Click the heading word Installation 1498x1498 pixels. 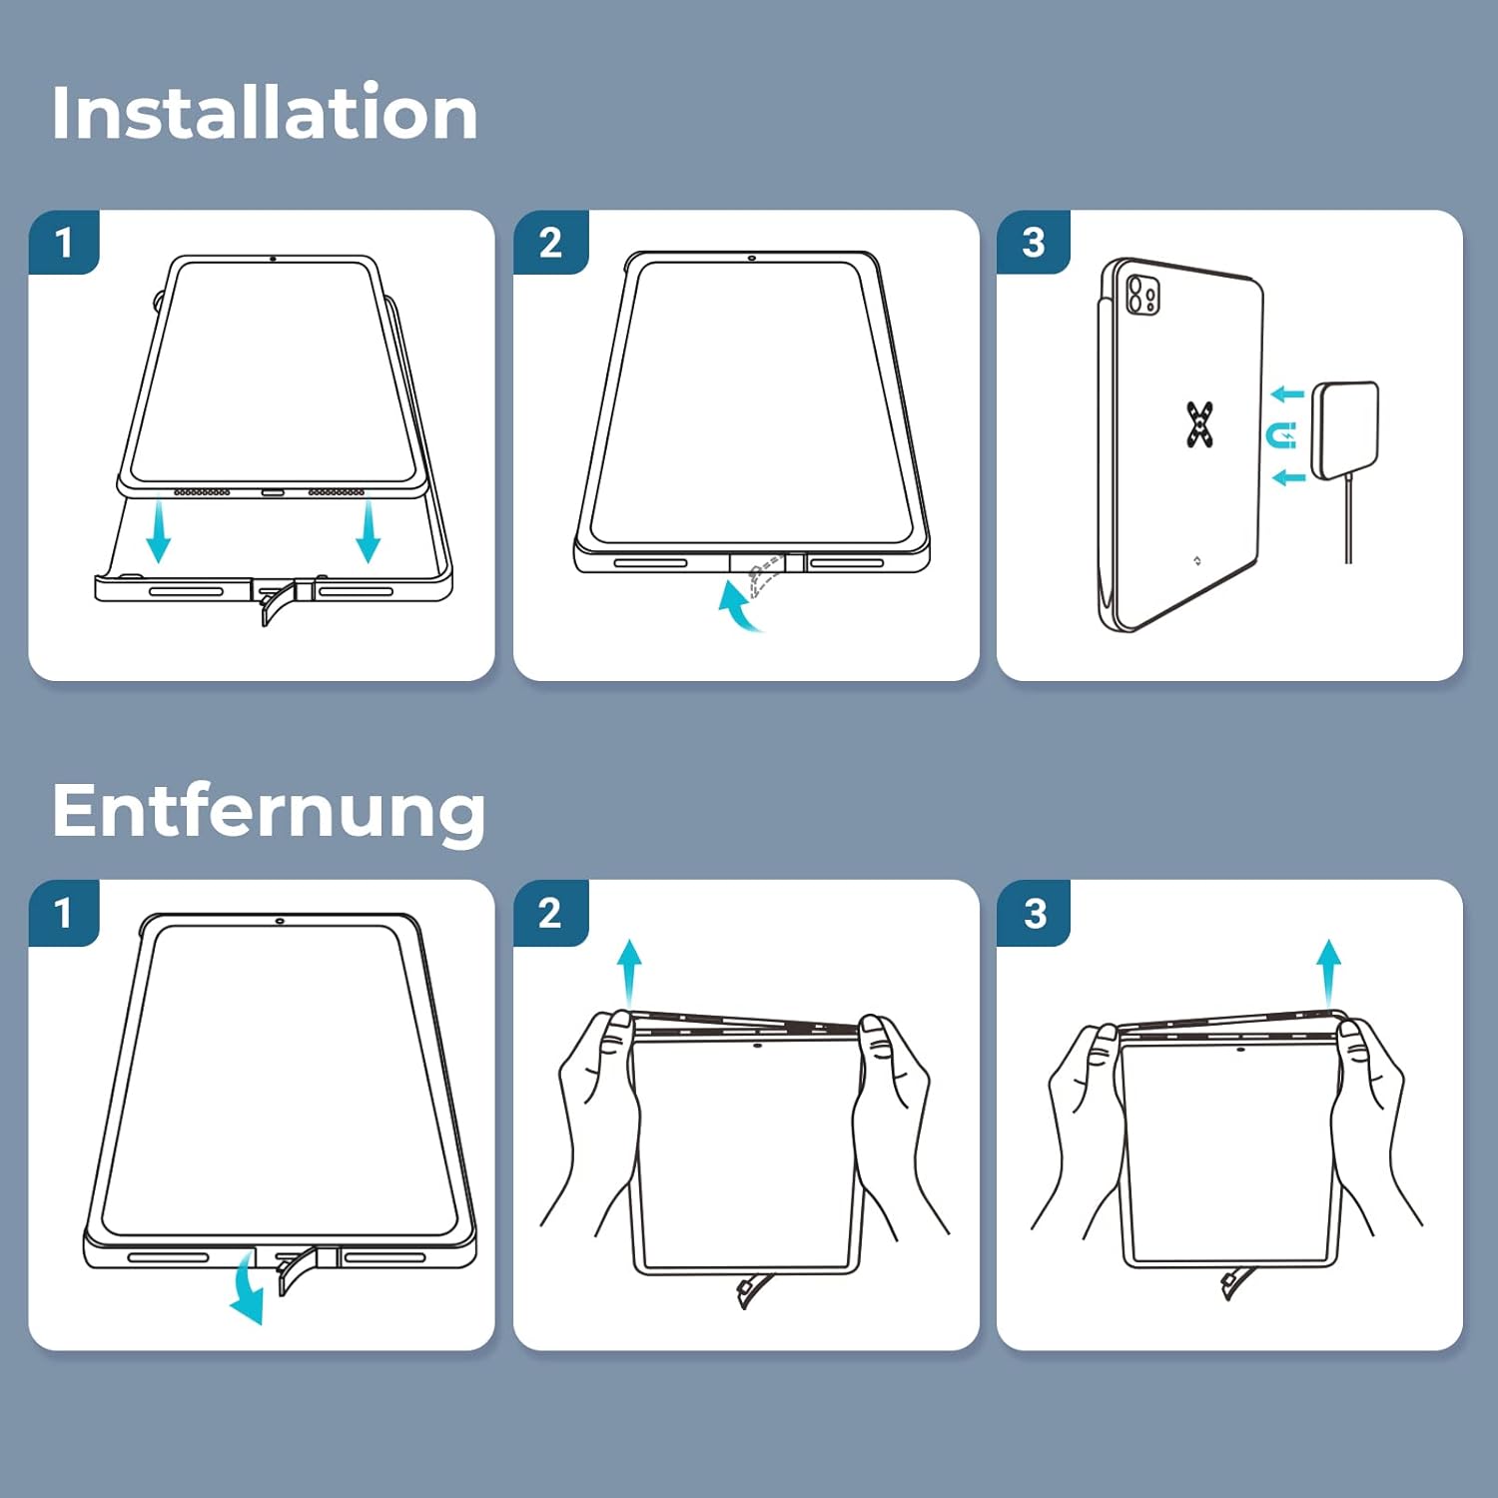pyautogui.click(x=265, y=112)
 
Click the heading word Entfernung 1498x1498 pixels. pyautogui.click(x=269, y=811)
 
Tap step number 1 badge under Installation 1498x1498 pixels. pyautogui.click(x=64, y=242)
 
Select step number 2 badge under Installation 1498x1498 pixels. pyautogui.click(x=550, y=242)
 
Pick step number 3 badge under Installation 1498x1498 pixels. pyautogui.click(x=1034, y=242)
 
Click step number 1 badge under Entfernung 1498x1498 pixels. pyautogui.click(x=64, y=913)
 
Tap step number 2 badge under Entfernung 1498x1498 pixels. pyautogui.click(x=550, y=913)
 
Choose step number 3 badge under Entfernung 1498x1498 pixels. pyautogui.click(x=1035, y=913)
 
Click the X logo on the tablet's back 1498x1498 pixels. pyautogui.click(x=1200, y=423)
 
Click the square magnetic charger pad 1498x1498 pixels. pyautogui.click(x=1344, y=428)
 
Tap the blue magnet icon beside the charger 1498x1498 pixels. pyautogui.click(x=1281, y=435)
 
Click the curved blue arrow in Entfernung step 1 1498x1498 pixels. pyautogui.click(x=246, y=1292)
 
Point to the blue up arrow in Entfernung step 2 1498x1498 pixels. pyautogui.click(x=629, y=974)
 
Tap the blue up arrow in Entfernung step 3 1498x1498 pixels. pyautogui.click(x=1328, y=974)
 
